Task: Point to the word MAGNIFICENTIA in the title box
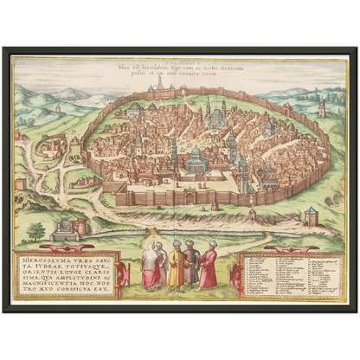click(x=45, y=278)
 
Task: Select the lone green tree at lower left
click(x=35, y=231)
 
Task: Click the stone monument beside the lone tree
click(x=62, y=229)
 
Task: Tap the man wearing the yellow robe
click(x=176, y=266)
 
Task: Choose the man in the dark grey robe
click(x=192, y=267)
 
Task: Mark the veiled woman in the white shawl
click(x=153, y=267)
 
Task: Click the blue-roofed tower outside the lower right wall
click(x=310, y=216)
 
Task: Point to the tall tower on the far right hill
click(x=321, y=106)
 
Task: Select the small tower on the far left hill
click(x=58, y=110)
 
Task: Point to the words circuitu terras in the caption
click(x=215, y=76)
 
